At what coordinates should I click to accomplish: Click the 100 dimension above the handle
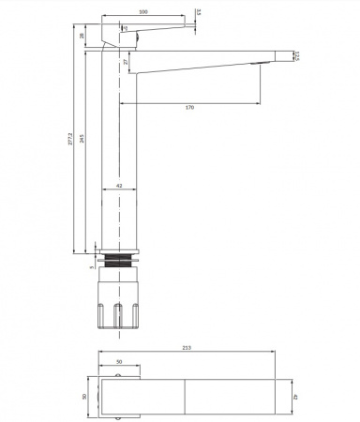point(142,12)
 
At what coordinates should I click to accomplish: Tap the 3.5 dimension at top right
point(198,12)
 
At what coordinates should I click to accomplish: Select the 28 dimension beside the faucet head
point(82,37)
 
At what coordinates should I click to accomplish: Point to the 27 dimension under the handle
point(127,61)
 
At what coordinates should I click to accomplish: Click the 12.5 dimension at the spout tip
point(296,57)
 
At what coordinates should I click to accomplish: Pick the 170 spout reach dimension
point(189,108)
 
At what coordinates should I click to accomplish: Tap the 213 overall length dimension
point(187,348)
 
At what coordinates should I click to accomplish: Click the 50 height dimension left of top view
point(84,397)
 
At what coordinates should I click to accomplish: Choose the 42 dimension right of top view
point(296,397)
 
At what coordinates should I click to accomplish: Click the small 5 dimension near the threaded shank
point(92,266)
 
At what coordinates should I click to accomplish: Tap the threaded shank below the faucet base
point(119,263)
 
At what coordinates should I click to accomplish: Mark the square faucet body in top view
point(119,397)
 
